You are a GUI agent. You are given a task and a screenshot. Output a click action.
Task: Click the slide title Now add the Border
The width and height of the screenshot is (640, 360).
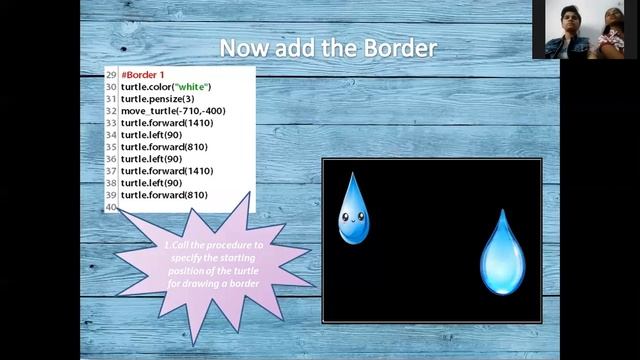(x=328, y=47)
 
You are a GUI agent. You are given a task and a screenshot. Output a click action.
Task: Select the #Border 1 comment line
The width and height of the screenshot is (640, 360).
(x=143, y=74)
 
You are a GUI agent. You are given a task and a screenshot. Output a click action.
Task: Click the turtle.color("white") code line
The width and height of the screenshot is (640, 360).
(x=166, y=86)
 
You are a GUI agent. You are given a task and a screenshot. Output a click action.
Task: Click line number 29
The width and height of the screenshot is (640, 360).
(x=110, y=74)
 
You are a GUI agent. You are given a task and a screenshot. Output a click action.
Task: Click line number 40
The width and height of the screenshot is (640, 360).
(x=110, y=207)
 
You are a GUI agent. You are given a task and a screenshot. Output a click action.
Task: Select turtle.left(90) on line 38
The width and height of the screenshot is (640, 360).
(x=151, y=183)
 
